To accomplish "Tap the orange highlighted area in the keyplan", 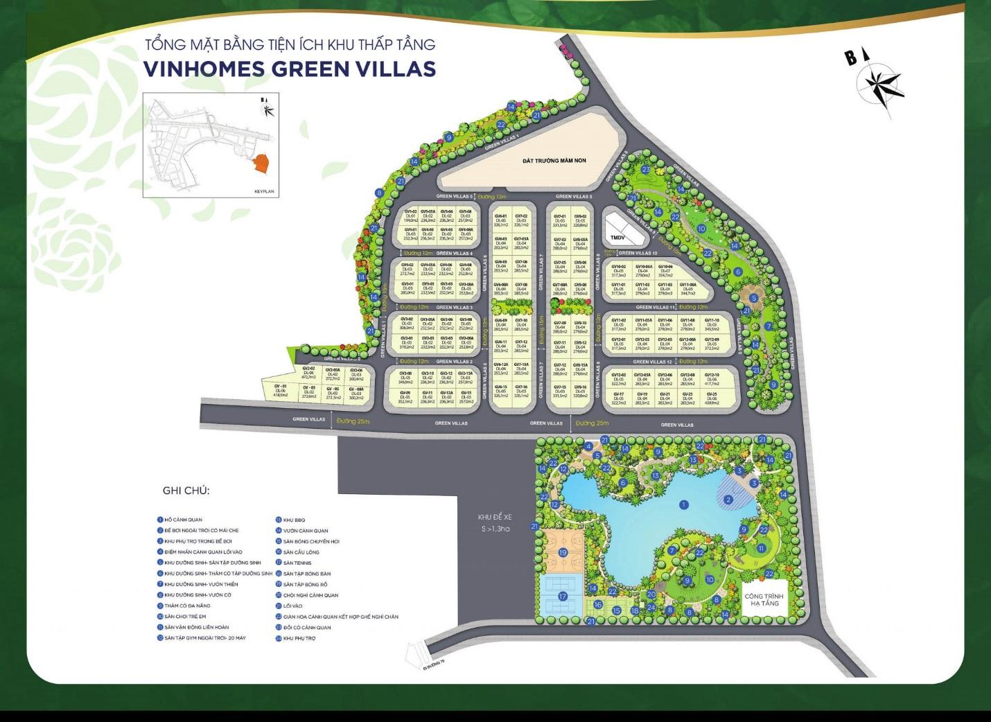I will click(261, 164).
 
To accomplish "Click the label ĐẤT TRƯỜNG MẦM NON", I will click(554, 161).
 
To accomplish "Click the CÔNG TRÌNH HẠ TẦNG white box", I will click(764, 599).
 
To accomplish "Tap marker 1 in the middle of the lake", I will click(683, 505).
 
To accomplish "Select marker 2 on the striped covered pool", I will click(728, 500).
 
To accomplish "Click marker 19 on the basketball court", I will click(563, 552).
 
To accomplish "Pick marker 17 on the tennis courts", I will click(563, 596).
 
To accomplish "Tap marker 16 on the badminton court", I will click(598, 605).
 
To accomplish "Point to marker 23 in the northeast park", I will click(646, 170).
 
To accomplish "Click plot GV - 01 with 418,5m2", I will click(281, 391).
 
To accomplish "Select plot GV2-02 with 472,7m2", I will click(308, 373).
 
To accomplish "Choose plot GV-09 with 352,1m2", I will click(405, 397).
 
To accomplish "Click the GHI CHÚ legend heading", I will click(186, 491).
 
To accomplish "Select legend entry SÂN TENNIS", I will click(297, 563).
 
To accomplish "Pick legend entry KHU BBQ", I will click(294, 520).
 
